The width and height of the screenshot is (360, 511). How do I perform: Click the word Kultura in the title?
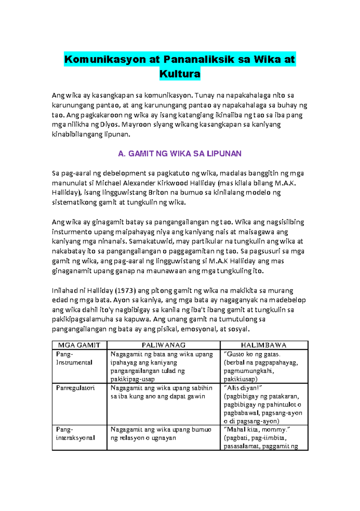(180, 74)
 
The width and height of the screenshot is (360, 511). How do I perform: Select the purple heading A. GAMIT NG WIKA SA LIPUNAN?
(180, 154)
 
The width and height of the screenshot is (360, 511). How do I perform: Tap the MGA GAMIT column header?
(79, 345)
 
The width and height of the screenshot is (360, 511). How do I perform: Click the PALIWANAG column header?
(163, 345)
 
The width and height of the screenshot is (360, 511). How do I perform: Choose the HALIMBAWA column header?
(264, 345)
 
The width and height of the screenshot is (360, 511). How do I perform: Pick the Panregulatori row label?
(75, 388)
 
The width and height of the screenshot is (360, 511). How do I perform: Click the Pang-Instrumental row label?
(74, 358)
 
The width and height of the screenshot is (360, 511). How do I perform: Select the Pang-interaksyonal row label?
(75, 434)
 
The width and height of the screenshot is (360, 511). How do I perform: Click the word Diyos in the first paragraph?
(109, 125)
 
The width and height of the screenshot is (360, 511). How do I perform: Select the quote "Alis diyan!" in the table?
(243, 388)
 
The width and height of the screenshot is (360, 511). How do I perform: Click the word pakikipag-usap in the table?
(132, 379)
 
